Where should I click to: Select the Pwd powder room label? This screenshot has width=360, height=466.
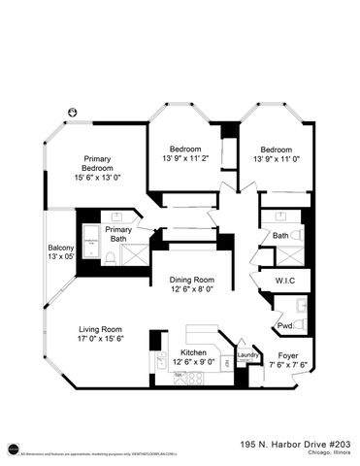pyautogui.click(x=284, y=325)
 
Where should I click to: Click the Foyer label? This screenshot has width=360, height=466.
pyautogui.click(x=288, y=355)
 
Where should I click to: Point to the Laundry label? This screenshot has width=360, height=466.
pyautogui.click(x=247, y=356)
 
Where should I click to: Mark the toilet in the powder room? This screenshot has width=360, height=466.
pyautogui.click(x=301, y=323)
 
